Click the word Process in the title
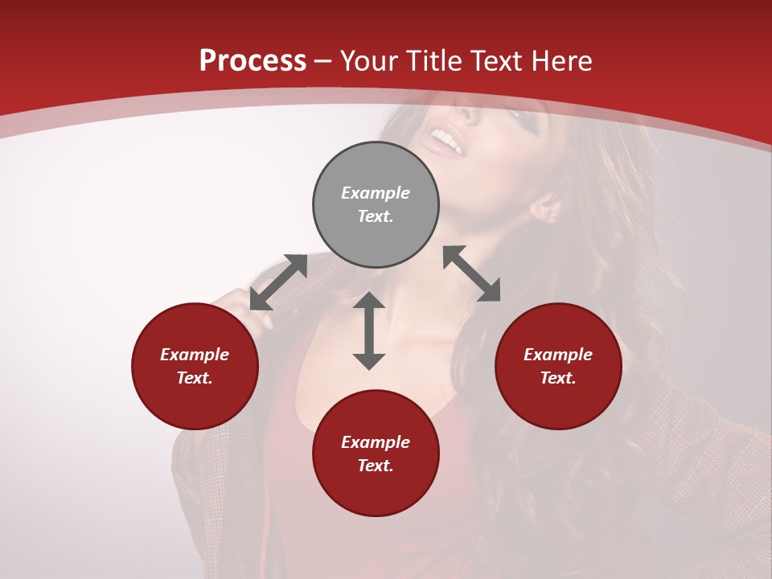coord(253,61)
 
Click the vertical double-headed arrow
coord(369,331)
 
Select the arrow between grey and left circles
coord(278,282)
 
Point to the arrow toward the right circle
coord(472,273)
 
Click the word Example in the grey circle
coord(376,193)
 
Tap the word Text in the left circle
coord(195,378)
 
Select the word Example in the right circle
coord(558,355)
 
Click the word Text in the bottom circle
coord(376,466)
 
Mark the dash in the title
coord(323,62)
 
